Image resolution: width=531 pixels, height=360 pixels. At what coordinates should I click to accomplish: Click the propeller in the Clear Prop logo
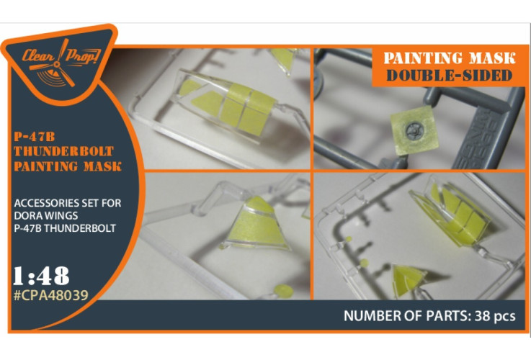pos(58,63)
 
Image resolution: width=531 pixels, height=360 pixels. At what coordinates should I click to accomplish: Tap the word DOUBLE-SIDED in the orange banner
pos(449,76)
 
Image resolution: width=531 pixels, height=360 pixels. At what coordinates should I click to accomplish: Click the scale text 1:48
pos(41,276)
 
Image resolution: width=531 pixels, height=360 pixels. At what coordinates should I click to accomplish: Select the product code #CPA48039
pos(51,295)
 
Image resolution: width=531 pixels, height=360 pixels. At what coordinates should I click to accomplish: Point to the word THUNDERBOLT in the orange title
pos(63,151)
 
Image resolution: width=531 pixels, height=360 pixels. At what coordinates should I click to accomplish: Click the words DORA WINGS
pos(45,215)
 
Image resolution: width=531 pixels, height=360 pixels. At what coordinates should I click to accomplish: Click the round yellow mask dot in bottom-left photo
pos(283,292)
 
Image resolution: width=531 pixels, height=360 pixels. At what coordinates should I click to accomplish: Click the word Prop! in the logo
pos(82,56)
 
